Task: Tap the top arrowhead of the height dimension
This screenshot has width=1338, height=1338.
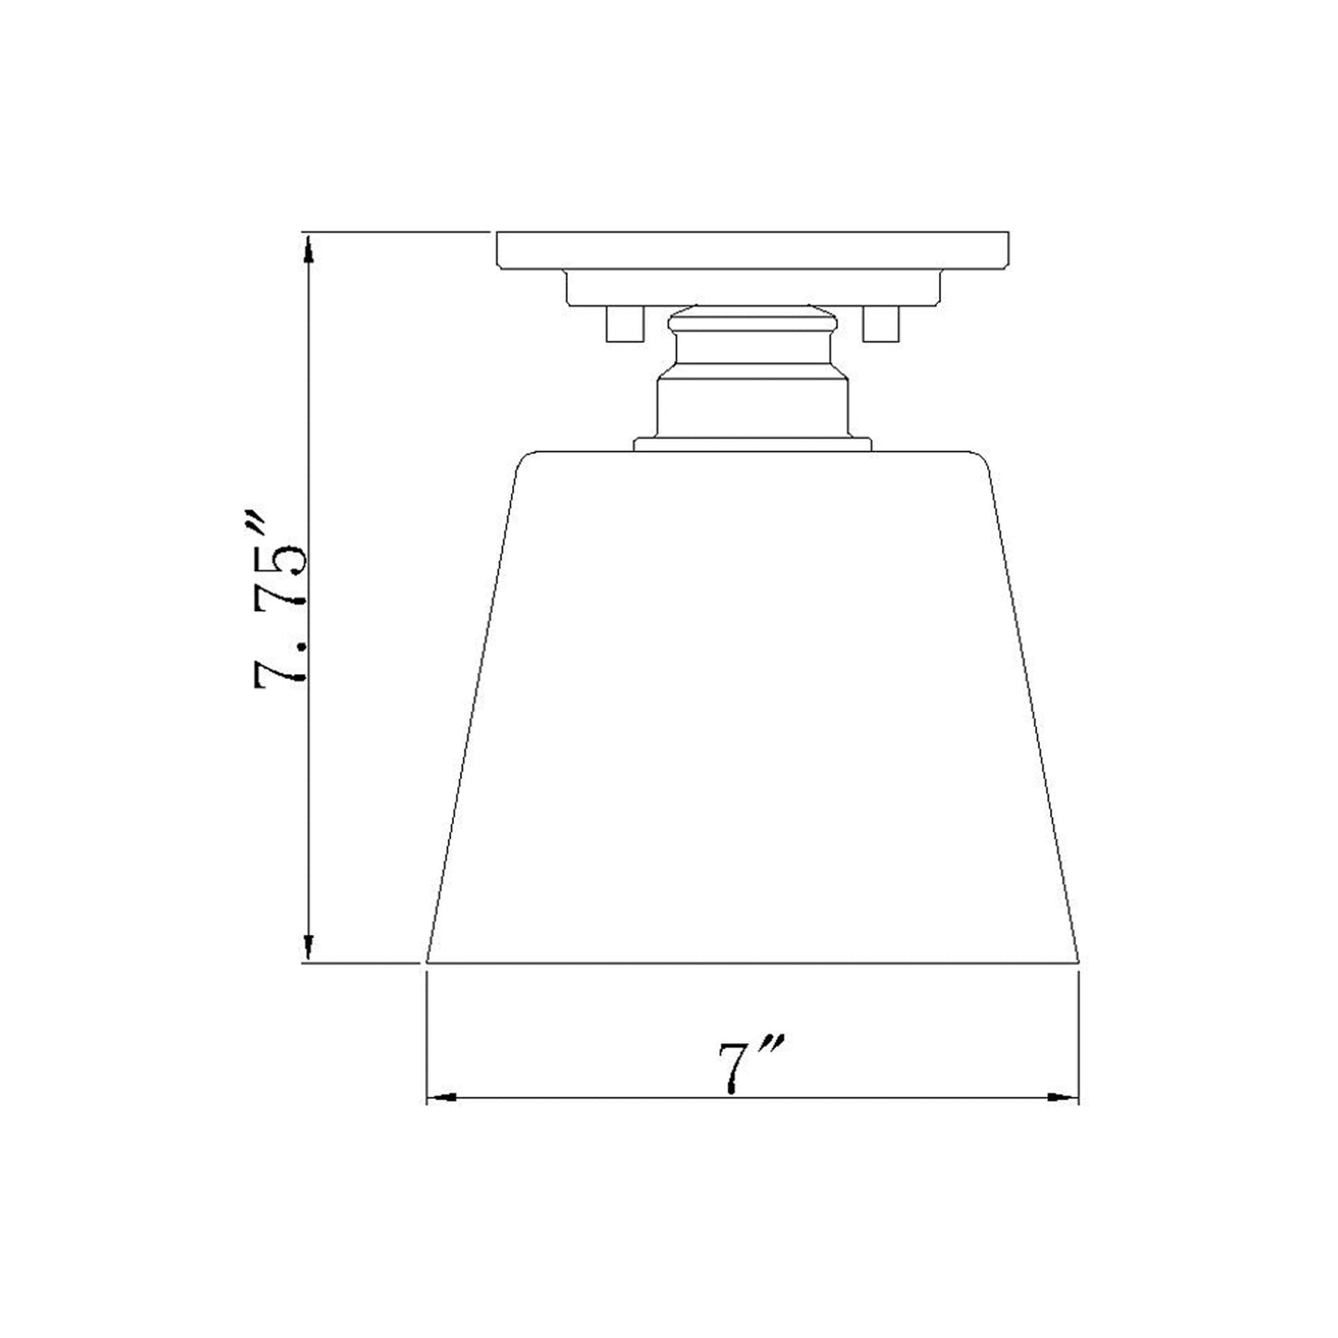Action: (308, 244)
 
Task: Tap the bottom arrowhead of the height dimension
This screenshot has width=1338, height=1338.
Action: (308, 948)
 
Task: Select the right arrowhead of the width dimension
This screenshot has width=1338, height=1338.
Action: (1065, 1098)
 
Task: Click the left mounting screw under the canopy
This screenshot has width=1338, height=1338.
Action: (622, 324)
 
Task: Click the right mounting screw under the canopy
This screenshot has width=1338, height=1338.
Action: (880, 324)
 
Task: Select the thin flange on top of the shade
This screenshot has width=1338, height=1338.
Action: (752, 445)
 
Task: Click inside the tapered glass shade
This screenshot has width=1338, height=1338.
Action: (752, 704)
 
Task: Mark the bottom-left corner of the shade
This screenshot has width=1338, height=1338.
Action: (428, 962)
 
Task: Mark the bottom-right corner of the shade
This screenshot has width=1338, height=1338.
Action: (1079, 962)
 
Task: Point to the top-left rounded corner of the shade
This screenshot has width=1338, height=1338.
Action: (526, 457)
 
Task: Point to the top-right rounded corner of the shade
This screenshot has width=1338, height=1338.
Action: (981, 457)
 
